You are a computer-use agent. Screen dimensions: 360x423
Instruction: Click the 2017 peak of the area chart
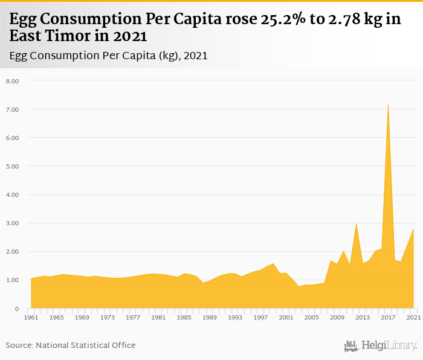click(x=388, y=105)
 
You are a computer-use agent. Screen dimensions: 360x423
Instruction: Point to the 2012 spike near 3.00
click(x=357, y=224)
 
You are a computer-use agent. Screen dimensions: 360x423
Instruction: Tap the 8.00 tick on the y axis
click(x=13, y=81)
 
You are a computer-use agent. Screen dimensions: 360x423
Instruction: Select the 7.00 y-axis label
click(x=13, y=109)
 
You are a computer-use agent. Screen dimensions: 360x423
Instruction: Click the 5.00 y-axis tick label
click(x=13, y=166)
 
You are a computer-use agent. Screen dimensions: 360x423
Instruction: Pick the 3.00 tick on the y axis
click(x=13, y=223)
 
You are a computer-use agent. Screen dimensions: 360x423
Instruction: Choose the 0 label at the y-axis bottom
click(x=17, y=309)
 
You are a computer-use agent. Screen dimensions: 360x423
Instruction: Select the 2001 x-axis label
click(x=286, y=317)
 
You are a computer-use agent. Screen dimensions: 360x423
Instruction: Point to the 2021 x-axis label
click(x=413, y=317)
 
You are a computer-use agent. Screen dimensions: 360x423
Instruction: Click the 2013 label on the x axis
click(x=363, y=317)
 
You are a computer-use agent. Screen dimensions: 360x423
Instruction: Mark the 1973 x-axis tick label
click(x=108, y=317)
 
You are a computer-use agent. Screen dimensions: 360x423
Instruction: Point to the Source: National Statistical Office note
click(x=71, y=345)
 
